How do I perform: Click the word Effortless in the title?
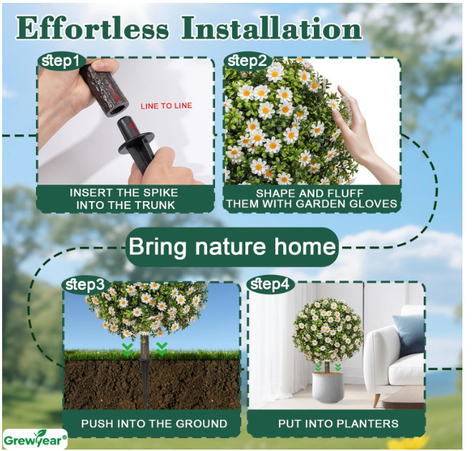pyautogui.click(x=92, y=28)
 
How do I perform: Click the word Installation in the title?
pyautogui.click(x=272, y=28)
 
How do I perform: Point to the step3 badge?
pyautogui.click(x=85, y=284)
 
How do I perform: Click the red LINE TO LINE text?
pyautogui.click(x=166, y=106)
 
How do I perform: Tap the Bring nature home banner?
pyautogui.click(x=232, y=246)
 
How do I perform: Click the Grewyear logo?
pyautogui.click(x=35, y=440)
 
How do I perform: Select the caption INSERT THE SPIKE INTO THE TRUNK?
pyautogui.click(x=125, y=199)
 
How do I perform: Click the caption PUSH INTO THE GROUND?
pyautogui.click(x=154, y=424)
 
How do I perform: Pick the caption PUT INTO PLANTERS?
pyautogui.click(x=338, y=424)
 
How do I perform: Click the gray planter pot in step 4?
pyautogui.click(x=328, y=386)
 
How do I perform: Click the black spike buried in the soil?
pyautogui.click(x=145, y=383)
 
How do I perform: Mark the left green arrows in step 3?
pyautogui.click(x=128, y=349)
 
